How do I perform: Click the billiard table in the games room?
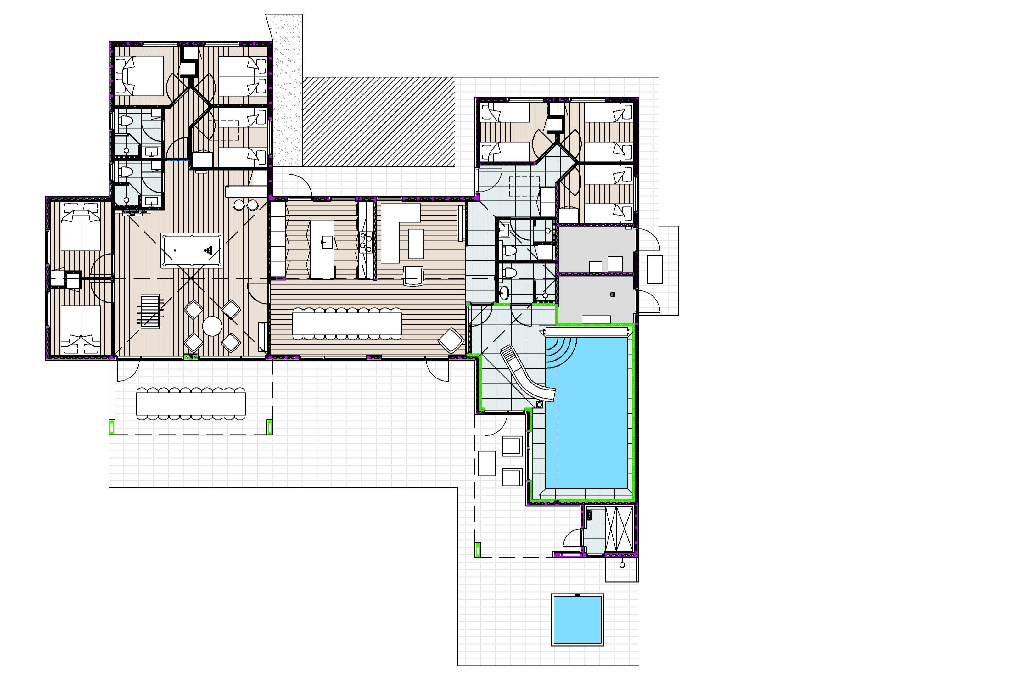192,250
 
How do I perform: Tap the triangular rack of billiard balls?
210,250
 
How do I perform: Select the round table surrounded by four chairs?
212,326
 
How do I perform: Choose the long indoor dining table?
347,323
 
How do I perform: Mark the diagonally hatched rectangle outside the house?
378,122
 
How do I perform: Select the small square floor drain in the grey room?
612,294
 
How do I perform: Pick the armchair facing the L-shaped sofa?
413,276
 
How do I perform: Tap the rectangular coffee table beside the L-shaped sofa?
416,244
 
